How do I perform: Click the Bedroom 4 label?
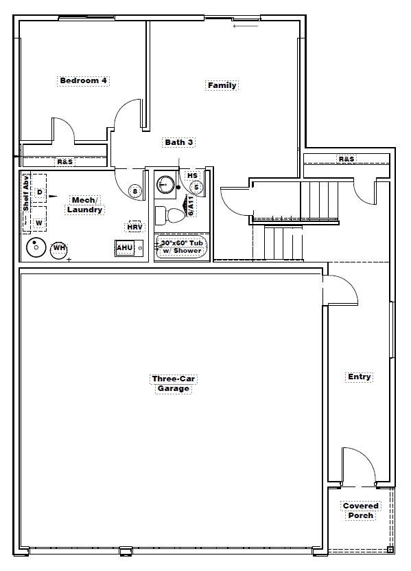tap(83, 80)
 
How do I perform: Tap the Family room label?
tap(222, 85)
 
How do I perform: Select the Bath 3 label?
tap(178, 142)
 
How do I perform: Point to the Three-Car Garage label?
tap(174, 383)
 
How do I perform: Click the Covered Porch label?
tap(360, 511)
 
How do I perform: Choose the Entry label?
tap(360, 377)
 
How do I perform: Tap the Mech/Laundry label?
tap(84, 205)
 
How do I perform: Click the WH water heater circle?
tap(59, 250)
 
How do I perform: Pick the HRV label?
tap(134, 227)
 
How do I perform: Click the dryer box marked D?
tap(39, 189)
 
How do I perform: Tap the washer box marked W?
tap(39, 219)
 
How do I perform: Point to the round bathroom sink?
tap(166, 184)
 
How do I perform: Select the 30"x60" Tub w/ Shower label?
tap(182, 247)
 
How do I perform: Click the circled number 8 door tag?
tap(135, 191)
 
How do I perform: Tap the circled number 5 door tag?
tap(196, 188)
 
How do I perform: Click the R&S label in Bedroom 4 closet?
tap(65, 161)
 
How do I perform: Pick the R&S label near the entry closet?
tap(347, 159)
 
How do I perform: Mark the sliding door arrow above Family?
tap(246, 26)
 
